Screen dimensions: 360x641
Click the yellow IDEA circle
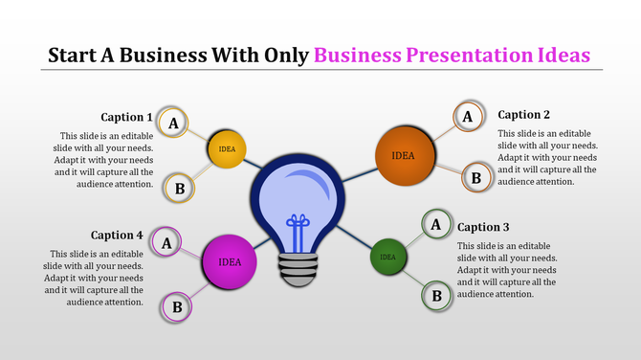[x=228, y=148]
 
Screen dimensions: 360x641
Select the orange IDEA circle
[x=404, y=155]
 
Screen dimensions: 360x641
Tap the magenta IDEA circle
[x=230, y=261]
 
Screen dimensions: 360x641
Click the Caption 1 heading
[x=127, y=117]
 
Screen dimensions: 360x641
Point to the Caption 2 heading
[x=524, y=115]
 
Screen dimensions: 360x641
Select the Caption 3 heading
[x=483, y=227]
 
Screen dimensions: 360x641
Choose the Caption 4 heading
[x=117, y=235]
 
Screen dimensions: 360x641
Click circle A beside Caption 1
[x=173, y=123]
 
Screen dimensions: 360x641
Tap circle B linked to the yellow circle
[x=179, y=189]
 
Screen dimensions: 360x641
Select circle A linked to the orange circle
[x=467, y=117]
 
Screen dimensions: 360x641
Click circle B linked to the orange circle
[x=475, y=176]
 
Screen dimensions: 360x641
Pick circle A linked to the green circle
[x=436, y=225]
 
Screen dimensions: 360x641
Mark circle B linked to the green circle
[x=436, y=295]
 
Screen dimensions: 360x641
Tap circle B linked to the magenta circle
[x=176, y=306]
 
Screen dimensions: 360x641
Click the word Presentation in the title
[x=464, y=54]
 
